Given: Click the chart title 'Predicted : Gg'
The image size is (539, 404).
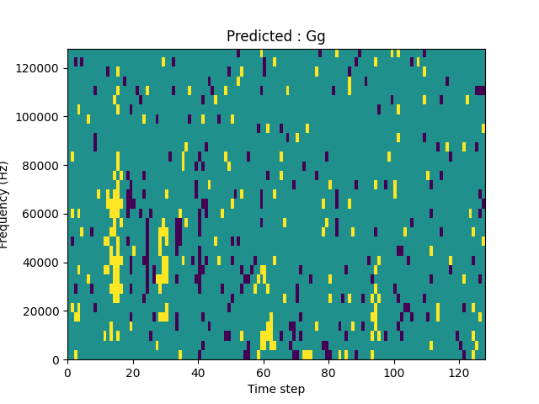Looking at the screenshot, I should (x=275, y=36).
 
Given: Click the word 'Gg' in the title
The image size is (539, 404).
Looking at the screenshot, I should (x=316, y=37).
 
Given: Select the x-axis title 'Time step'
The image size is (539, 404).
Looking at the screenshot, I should (x=275, y=389).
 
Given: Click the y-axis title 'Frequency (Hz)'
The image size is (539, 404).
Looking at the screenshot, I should (x=5, y=205).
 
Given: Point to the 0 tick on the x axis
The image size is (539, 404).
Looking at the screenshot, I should (x=67, y=372).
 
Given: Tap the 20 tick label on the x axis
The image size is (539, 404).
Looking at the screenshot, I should (x=132, y=372).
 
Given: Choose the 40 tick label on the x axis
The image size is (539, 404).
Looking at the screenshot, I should (x=198, y=372).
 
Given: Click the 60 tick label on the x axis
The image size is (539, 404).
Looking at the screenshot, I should (x=263, y=372).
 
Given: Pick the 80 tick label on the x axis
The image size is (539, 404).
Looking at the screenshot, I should (x=328, y=372).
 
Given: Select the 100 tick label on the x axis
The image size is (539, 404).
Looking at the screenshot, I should (x=393, y=372).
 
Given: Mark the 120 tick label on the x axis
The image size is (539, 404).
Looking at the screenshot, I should (x=458, y=372).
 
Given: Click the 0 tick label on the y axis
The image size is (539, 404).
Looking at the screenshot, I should (x=57, y=360).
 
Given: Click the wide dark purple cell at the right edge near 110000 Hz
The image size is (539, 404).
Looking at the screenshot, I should (x=480, y=90).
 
